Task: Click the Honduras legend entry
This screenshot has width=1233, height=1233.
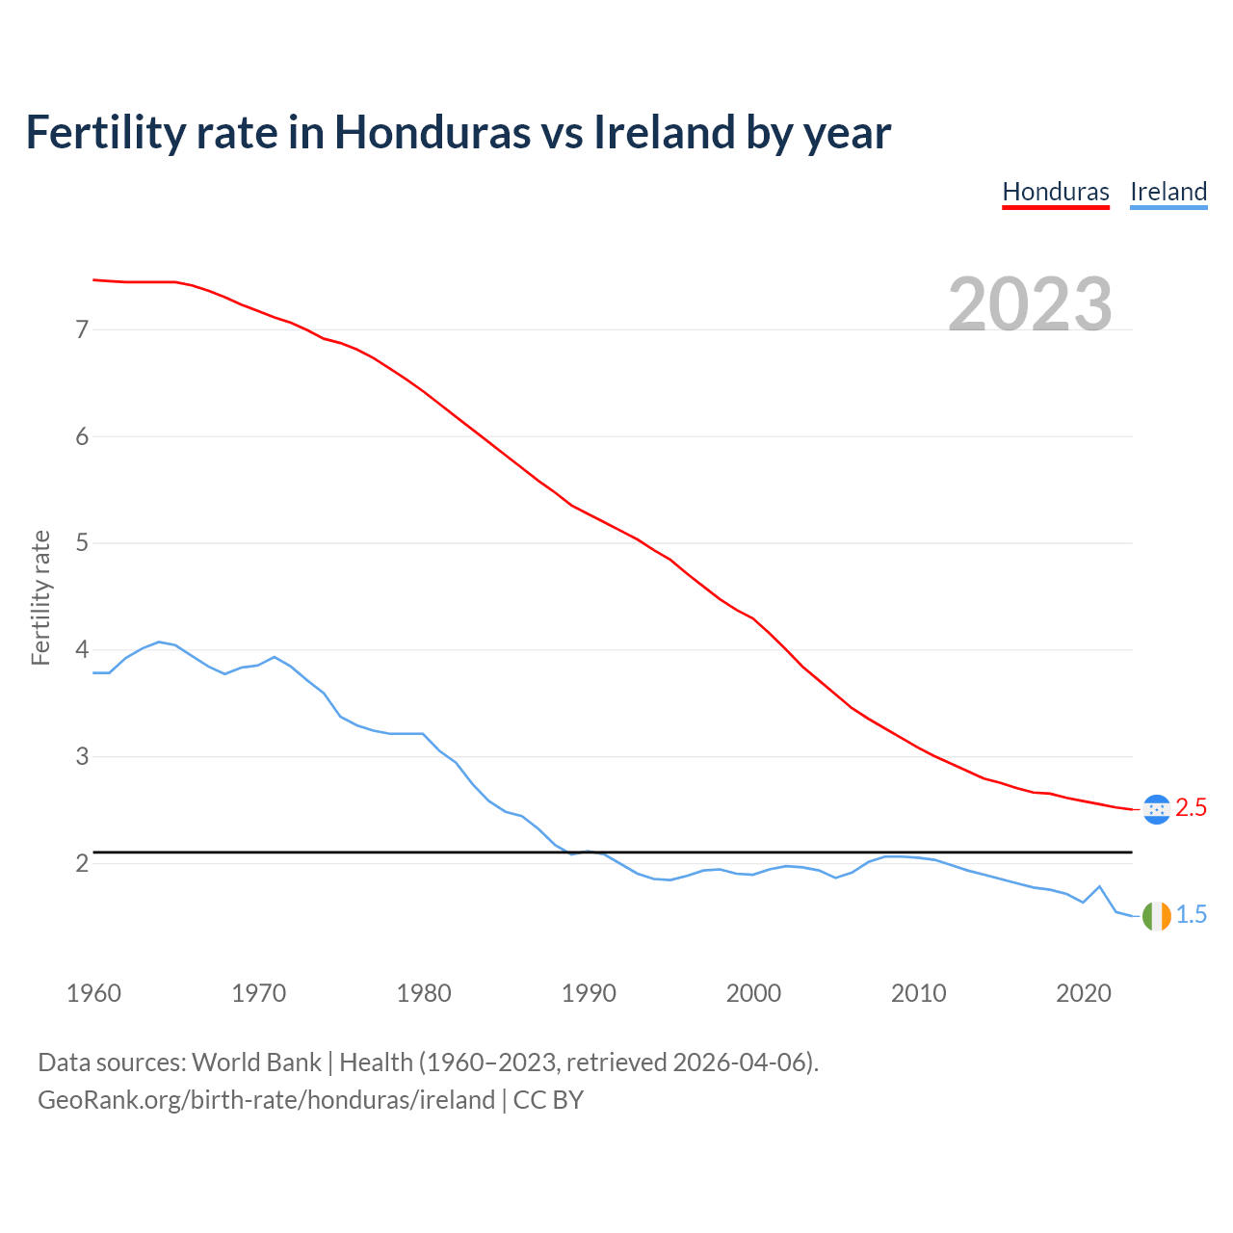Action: pos(1056,192)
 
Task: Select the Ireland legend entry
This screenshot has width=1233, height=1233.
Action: pos(1168,192)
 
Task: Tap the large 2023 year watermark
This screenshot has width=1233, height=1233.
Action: pos(1030,304)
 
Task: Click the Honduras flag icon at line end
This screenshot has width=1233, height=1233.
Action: pos(1156,809)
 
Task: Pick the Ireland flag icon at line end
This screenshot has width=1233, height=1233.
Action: pos(1156,916)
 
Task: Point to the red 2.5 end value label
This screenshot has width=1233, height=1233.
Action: pos(1192,808)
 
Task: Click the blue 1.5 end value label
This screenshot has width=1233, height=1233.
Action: pos(1192,915)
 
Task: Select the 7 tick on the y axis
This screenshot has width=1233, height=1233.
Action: pos(82,330)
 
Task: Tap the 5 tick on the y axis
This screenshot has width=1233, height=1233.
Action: pos(82,543)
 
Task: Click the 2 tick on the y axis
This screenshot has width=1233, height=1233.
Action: pos(82,863)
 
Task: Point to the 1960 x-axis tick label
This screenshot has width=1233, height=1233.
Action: pos(93,993)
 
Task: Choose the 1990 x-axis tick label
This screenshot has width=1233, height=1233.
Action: pos(589,993)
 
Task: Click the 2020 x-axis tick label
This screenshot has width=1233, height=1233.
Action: pos(1084,993)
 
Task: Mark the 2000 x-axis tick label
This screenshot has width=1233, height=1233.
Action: pos(753,993)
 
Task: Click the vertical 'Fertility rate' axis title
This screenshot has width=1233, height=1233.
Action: pos(40,597)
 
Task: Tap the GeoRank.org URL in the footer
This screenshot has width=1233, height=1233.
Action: pos(266,1100)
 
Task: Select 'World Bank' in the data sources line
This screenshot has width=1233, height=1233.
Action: pos(256,1062)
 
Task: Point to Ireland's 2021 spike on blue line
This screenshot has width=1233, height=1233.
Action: pos(1099,887)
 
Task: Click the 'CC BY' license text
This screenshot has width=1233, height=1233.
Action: pos(548,1100)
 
